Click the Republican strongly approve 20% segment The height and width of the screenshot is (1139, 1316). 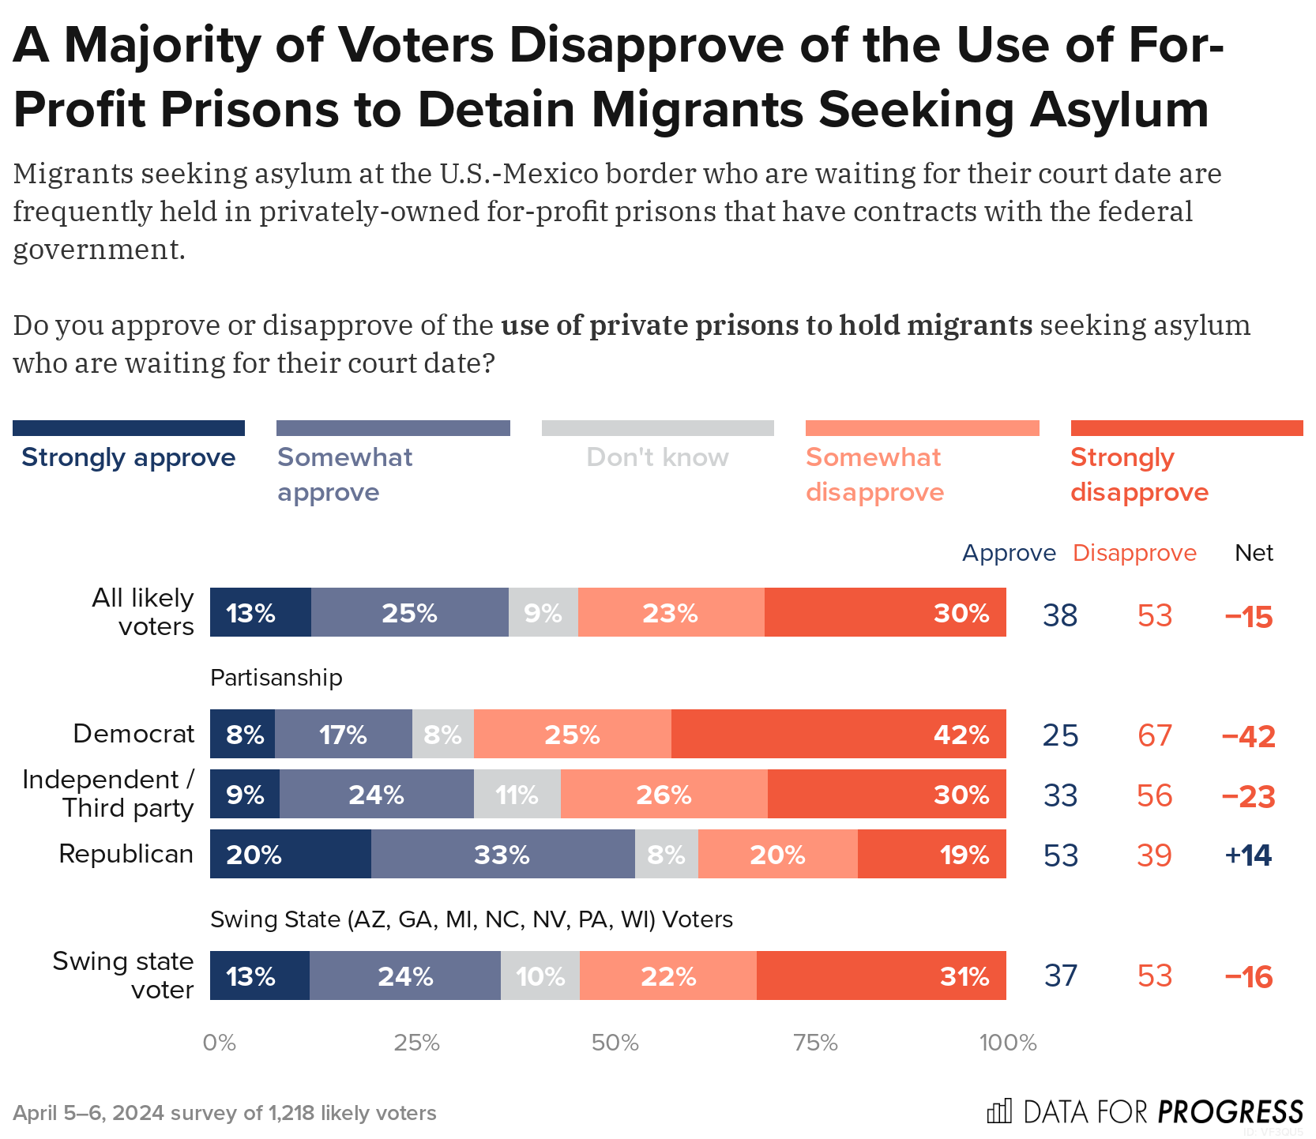tap(290, 854)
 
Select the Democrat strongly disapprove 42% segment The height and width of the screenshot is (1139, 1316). tap(838, 734)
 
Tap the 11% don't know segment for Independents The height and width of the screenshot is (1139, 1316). tap(517, 794)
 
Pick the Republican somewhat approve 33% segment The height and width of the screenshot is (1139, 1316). tap(502, 854)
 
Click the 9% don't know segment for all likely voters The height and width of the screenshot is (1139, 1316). tap(543, 612)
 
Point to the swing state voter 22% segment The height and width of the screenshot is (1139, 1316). tap(667, 975)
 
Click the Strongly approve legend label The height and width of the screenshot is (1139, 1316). tap(128, 457)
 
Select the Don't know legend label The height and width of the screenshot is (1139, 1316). tap(657, 457)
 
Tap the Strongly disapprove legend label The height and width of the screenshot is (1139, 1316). tap(1138, 474)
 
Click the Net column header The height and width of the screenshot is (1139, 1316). tap(1254, 553)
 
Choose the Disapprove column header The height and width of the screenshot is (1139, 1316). tap(1134, 553)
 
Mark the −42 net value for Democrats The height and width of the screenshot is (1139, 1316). tap(1248, 736)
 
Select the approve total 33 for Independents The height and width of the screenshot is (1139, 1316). tap(1060, 795)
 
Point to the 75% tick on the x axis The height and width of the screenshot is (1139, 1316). tap(815, 1043)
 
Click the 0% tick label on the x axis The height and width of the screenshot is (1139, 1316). tap(219, 1043)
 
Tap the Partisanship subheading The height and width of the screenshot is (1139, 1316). tap(276, 678)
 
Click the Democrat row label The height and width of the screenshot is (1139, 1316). tap(133, 734)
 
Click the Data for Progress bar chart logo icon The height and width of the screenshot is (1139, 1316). tap(998, 1111)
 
